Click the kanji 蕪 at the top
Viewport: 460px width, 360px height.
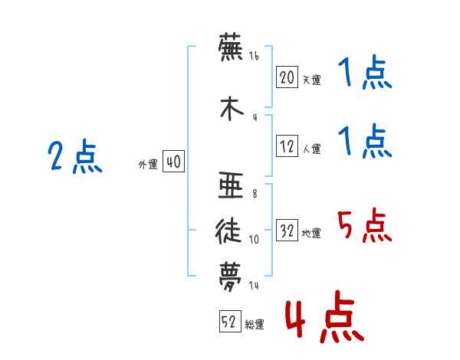coord(231,47)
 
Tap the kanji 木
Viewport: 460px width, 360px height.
coord(232,108)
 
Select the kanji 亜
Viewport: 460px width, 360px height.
coord(231,185)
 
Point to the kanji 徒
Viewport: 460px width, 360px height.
coord(228,231)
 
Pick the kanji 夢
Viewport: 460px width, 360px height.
coord(230,277)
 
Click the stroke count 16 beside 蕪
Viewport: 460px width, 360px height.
coord(254,56)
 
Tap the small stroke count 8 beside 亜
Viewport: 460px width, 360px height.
coord(255,194)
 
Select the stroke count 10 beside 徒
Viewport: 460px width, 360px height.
coord(254,240)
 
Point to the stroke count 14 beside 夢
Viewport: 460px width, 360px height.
coord(254,285)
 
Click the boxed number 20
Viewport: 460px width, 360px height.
coord(287,77)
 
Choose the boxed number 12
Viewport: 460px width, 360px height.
coord(287,146)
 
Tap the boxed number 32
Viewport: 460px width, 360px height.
coord(287,230)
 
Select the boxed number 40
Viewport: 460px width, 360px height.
coord(173,162)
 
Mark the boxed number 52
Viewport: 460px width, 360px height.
coord(230,321)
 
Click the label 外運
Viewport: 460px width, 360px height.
coord(148,165)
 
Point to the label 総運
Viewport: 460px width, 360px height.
coord(255,325)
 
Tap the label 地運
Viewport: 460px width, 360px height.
coord(311,234)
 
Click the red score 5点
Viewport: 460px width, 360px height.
coord(365,225)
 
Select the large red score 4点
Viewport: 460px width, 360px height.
coord(325,316)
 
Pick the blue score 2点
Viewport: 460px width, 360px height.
coord(75,156)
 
